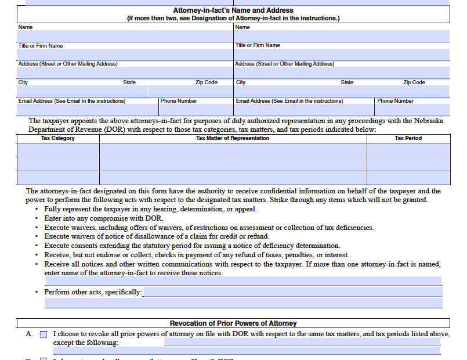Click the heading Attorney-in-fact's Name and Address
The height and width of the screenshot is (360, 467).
tap(233, 10)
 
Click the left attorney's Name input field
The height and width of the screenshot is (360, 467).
tap(125, 36)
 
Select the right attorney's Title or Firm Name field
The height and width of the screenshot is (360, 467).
tap(342, 55)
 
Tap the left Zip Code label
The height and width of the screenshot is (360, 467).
tap(206, 82)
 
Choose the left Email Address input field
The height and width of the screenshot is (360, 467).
tap(88, 110)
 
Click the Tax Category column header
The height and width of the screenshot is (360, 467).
tap(58, 138)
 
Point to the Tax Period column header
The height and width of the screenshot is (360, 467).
tap(408, 138)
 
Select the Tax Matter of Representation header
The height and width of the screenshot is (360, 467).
tap(233, 138)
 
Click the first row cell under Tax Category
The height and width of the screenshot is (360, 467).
tap(58, 150)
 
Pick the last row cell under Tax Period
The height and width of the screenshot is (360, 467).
tap(408, 178)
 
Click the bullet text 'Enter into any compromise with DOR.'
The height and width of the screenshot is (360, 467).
tap(103, 218)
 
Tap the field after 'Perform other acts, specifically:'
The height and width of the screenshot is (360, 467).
tap(292, 292)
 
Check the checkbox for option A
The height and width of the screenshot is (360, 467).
tap(44, 334)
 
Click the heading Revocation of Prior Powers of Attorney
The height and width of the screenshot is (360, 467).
tap(233, 323)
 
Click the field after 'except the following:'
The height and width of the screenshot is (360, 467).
tap(302, 343)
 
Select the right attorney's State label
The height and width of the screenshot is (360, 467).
tap(347, 82)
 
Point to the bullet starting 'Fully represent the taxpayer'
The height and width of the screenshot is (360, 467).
tap(150, 209)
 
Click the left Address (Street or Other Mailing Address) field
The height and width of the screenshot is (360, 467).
tap(125, 73)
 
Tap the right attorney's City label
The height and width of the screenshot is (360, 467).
tap(241, 82)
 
